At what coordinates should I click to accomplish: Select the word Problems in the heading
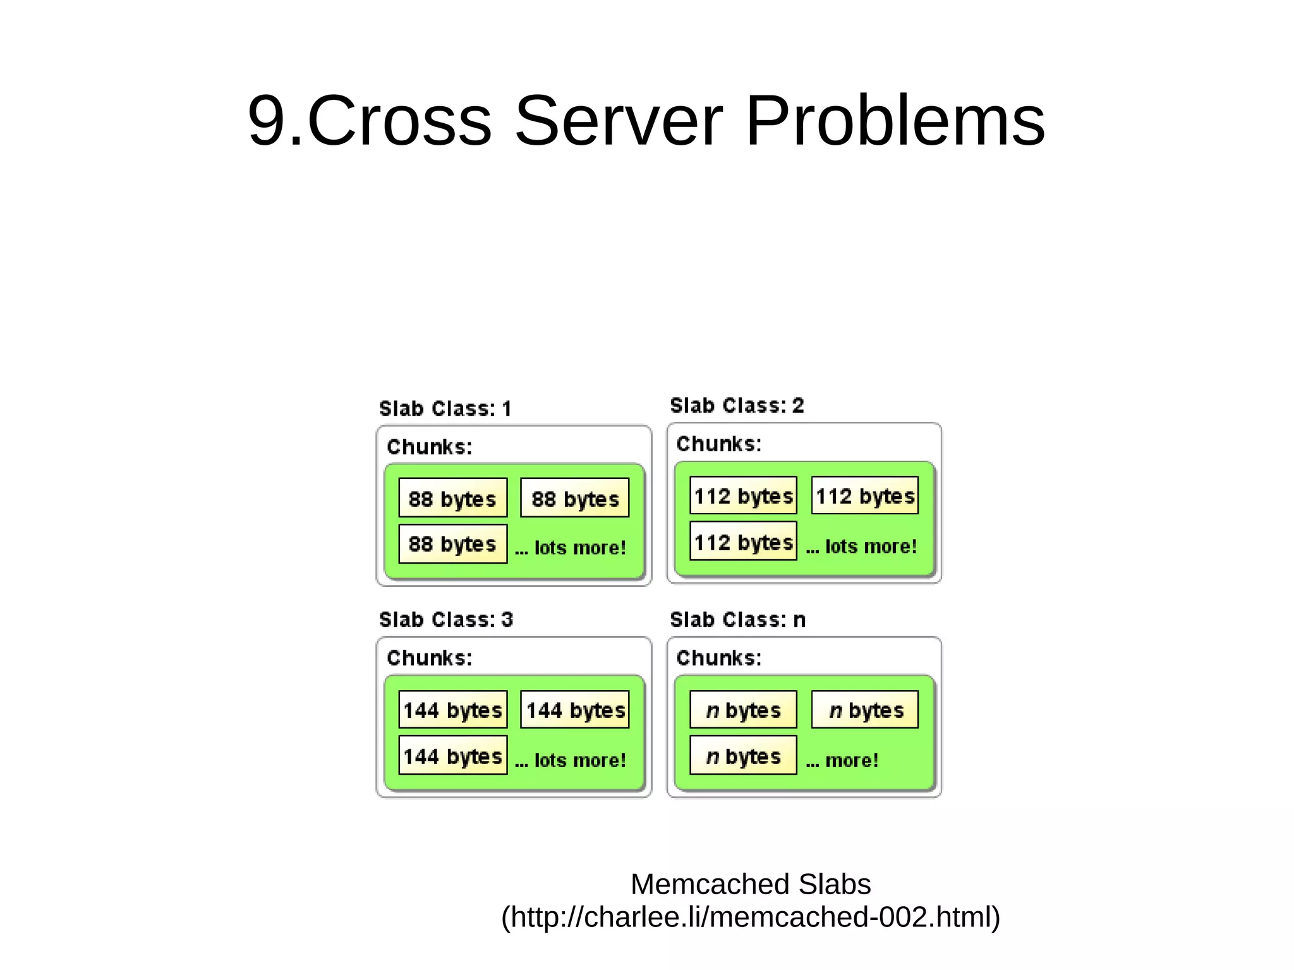pos(895,121)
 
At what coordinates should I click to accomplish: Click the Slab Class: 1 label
pos(445,408)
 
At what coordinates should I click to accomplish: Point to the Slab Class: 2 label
pos(737,405)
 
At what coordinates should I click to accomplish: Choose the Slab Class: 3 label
pos(446,619)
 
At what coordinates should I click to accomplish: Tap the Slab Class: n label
pos(737,619)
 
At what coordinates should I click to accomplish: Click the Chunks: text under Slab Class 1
pos(430,447)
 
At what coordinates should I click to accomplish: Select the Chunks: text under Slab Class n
pos(719,658)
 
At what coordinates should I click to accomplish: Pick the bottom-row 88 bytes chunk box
pos(452,543)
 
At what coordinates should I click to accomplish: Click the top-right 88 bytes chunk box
pos(574,498)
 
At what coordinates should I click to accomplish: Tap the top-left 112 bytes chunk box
pos(743,495)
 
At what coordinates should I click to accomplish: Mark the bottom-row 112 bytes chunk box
pos(743,542)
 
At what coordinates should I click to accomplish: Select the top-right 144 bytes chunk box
pos(575,710)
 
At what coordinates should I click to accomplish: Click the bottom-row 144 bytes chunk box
pos(452,755)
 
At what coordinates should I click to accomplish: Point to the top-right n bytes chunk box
pos(865,710)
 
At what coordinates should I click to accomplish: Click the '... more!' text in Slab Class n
pos(842,760)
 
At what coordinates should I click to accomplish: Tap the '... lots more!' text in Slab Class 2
pos(861,546)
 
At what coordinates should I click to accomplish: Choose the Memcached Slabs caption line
pos(751,884)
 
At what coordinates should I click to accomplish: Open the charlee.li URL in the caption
pos(751,917)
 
